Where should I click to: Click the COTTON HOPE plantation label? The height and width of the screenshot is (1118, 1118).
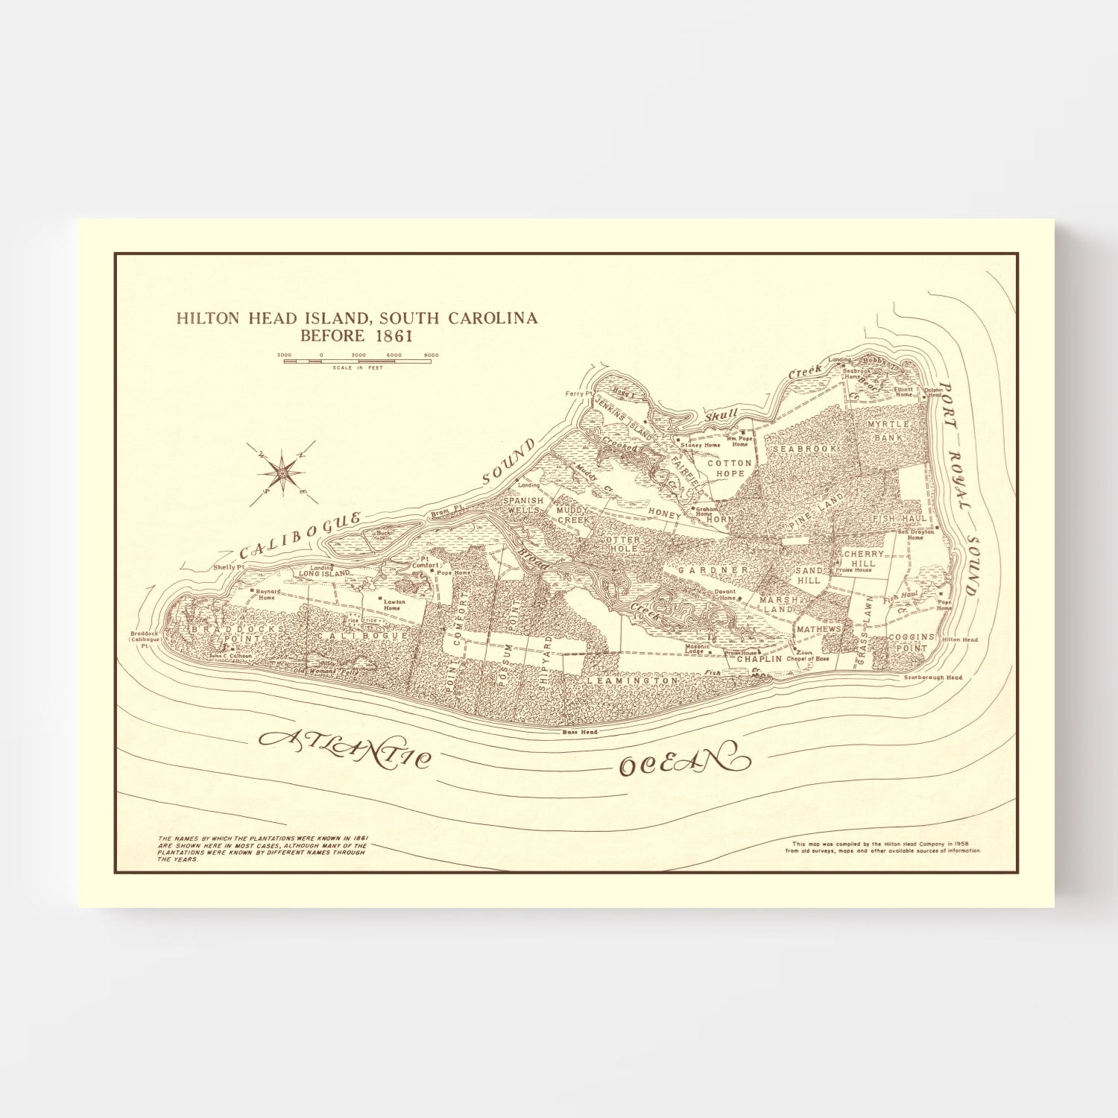point(730,468)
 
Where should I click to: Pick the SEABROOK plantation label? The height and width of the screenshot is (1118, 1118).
point(805,449)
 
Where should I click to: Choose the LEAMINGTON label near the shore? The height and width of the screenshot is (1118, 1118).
point(632,680)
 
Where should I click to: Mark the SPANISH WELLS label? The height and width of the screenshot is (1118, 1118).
point(523,506)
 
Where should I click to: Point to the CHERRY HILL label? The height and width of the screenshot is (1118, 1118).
point(863,559)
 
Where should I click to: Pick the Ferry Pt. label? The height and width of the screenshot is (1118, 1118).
point(578,393)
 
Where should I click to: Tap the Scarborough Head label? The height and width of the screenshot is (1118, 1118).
point(932,678)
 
